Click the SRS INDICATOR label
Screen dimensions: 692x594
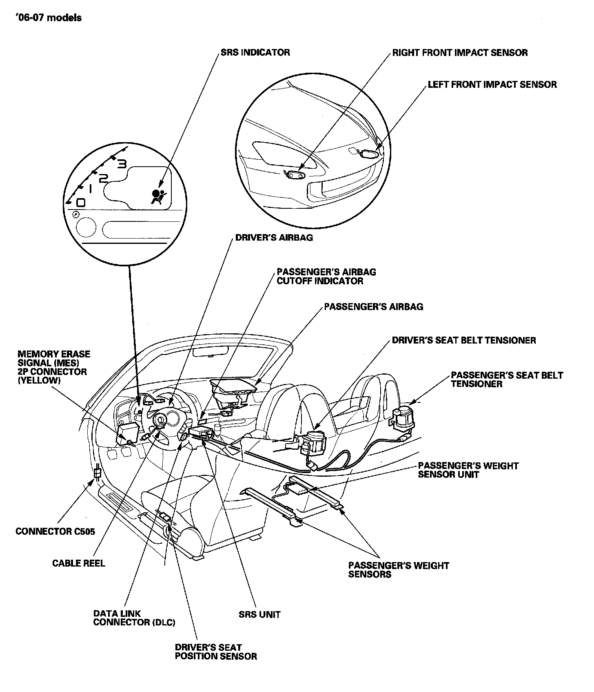coord(255,53)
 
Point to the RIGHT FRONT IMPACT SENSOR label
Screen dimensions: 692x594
coord(460,53)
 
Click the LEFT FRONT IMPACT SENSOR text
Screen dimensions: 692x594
coord(492,85)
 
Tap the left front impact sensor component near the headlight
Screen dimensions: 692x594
coord(369,154)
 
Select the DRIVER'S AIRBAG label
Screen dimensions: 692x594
coord(274,237)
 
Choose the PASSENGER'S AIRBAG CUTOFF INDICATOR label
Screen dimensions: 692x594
coord(326,276)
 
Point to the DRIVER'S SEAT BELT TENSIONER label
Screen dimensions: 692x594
coord(464,340)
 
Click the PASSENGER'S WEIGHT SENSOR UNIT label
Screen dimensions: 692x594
coord(468,470)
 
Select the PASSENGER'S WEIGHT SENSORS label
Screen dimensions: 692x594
coord(398,570)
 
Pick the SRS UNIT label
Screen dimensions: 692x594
coord(259,614)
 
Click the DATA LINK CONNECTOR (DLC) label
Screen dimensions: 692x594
coord(134,618)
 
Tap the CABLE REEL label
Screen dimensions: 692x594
coord(78,563)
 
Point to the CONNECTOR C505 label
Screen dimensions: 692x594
coord(55,531)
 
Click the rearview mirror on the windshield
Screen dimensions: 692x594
coord(210,352)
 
